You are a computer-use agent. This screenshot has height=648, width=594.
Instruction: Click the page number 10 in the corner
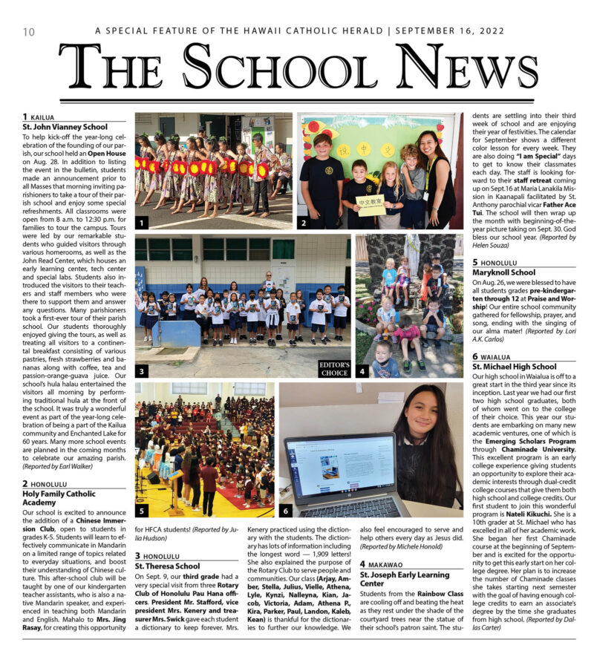pyautogui.click(x=29, y=31)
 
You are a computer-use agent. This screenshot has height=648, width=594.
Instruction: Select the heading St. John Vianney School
pyautogui.click(x=65, y=127)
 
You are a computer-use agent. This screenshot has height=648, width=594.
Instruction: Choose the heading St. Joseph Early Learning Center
pyautogui.click(x=405, y=578)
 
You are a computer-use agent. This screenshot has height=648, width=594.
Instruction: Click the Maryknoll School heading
pyautogui.click(x=505, y=272)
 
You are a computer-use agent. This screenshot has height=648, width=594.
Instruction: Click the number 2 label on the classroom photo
pyautogui.click(x=305, y=221)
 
